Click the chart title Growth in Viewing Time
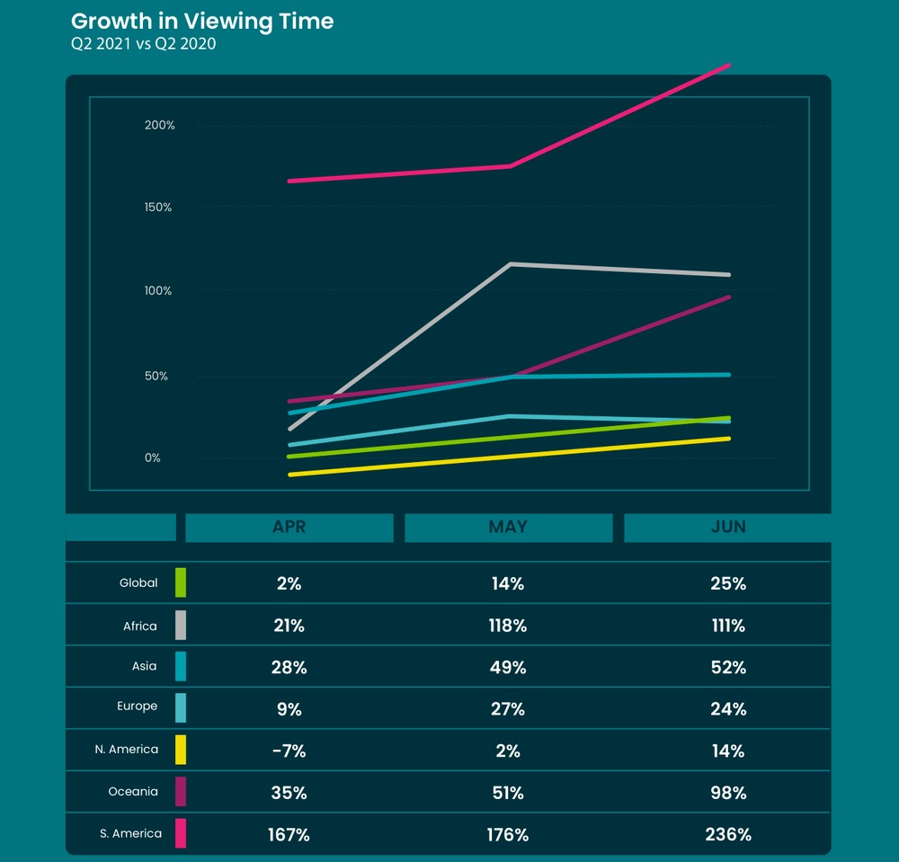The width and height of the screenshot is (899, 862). pyautogui.click(x=202, y=22)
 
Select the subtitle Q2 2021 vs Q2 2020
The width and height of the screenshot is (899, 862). pyautogui.click(x=144, y=44)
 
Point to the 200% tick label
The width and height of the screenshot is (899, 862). pyautogui.click(x=159, y=125)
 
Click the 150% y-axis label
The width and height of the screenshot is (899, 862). pyautogui.click(x=158, y=208)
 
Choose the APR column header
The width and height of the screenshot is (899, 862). pyautogui.click(x=289, y=528)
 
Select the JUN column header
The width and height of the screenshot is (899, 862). pyautogui.click(x=727, y=528)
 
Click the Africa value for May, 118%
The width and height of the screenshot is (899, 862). pyautogui.click(x=508, y=626)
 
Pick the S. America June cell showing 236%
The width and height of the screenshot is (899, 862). pyautogui.click(x=727, y=834)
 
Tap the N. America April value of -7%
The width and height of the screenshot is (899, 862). pyautogui.click(x=289, y=751)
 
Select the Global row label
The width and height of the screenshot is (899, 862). pyautogui.click(x=138, y=582)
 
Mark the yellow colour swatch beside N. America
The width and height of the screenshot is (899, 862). pyautogui.click(x=181, y=750)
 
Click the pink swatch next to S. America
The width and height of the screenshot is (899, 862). pyautogui.click(x=181, y=833)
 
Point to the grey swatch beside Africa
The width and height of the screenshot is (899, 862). pyautogui.click(x=181, y=625)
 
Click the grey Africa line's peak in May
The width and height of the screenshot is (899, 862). pyautogui.click(x=511, y=264)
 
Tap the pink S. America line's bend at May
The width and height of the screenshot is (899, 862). pyautogui.click(x=511, y=166)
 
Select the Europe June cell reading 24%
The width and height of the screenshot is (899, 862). pyautogui.click(x=727, y=708)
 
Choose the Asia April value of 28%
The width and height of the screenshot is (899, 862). pyautogui.click(x=289, y=667)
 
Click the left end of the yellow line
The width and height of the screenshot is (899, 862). pyautogui.click(x=289, y=475)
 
